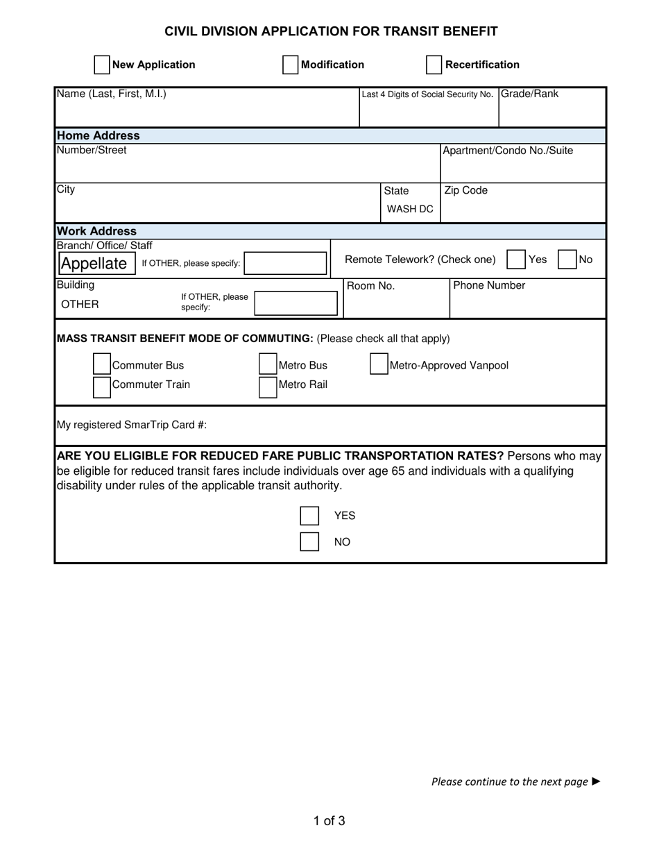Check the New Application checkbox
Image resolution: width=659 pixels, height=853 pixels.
(102, 65)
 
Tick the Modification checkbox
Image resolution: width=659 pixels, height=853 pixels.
(291, 65)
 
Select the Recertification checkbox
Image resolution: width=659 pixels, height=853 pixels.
(434, 65)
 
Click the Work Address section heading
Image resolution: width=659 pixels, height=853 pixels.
(96, 231)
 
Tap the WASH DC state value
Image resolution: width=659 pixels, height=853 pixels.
(410, 209)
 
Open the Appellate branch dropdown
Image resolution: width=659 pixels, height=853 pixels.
(96, 263)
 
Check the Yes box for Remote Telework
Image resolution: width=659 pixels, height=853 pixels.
(516, 260)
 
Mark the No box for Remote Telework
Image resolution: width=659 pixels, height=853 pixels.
(567, 260)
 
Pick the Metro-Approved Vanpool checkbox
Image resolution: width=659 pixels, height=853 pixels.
(379, 364)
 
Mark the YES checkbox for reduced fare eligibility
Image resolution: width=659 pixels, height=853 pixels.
(309, 516)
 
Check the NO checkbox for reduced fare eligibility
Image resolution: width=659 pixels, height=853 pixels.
(309, 541)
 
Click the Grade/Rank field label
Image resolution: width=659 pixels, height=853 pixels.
(529, 94)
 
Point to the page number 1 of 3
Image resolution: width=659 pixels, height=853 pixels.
(329, 821)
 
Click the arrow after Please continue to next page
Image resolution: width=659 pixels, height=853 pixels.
(596, 782)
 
